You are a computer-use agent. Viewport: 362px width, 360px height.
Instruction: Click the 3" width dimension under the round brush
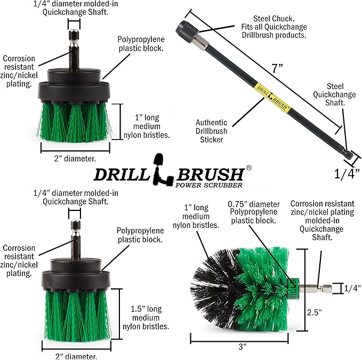tap(243, 347)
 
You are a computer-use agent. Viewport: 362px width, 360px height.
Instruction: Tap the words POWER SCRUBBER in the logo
tap(213, 185)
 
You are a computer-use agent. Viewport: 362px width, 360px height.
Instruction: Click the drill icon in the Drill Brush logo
tap(159, 169)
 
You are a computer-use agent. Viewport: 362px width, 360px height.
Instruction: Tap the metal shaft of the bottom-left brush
tap(74, 239)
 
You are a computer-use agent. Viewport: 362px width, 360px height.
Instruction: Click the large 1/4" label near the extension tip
tap(347, 173)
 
